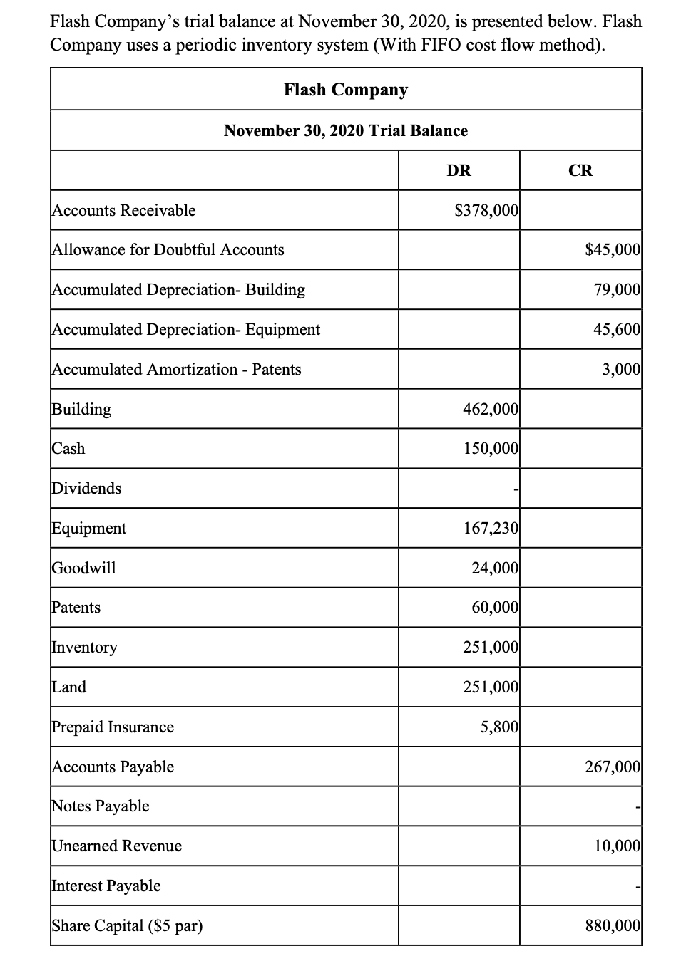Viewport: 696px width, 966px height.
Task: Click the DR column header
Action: pyautogui.click(x=459, y=170)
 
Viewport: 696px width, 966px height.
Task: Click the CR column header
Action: pyautogui.click(x=580, y=170)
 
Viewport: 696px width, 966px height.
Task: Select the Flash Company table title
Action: pyautogui.click(x=346, y=90)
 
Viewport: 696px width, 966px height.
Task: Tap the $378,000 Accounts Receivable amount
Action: pyautogui.click(x=486, y=210)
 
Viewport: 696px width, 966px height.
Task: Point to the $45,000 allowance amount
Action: pyautogui.click(x=613, y=249)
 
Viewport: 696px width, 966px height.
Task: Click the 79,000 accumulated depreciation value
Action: pyautogui.click(x=617, y=289)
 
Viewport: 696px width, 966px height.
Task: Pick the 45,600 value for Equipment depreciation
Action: pyautogui.click(x=617, y=329)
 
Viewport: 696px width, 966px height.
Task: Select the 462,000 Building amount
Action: pyautogui.click(x=491, y=409)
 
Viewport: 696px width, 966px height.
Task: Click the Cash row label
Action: pyautogui.click(x=68, y=448)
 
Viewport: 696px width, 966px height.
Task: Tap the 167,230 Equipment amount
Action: pyautogui.click(x=491, y=528)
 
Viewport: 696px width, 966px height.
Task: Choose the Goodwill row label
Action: pyautogui.click(x=84, y=568)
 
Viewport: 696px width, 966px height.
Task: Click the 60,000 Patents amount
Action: pyautogui.click(x=495, y=607)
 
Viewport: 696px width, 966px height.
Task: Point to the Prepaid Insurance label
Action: pyautogui.click(x=113, y=727)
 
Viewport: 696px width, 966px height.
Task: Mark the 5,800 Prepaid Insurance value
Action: pyautogui.click(x=499, y=727)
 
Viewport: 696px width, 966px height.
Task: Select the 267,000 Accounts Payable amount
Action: pyautogui.click(x=613, y=767)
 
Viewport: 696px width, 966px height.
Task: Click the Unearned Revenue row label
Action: pyautogui.click(x=117, y=846)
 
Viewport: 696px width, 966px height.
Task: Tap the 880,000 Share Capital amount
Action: pyautogui.click(x=613, y=925)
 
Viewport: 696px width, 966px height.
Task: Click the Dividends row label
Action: pyautogui.click(x=87, y=488)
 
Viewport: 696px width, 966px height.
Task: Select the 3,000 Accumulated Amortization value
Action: pyautogui.click(x=621, y=369)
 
